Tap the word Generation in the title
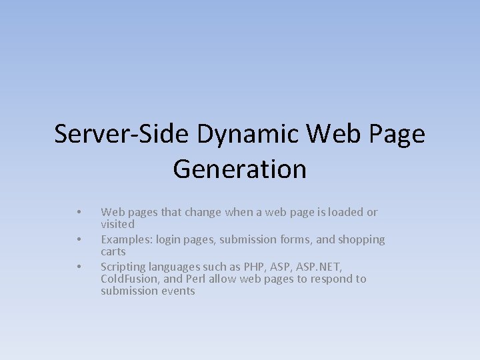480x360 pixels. click(x=239, y=169)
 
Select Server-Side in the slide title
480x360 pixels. click(x=122, y=134)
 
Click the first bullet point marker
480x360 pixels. click(x=79, y=213)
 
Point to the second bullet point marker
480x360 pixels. click(x=79, y=239)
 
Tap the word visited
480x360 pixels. click(x=117, y=224)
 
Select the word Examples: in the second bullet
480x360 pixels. click(x=125, y=239)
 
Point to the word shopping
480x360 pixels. click(x=361, y=239)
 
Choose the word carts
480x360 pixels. click(x=113, y=251)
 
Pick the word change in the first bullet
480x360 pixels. click(x=203, y=212)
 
